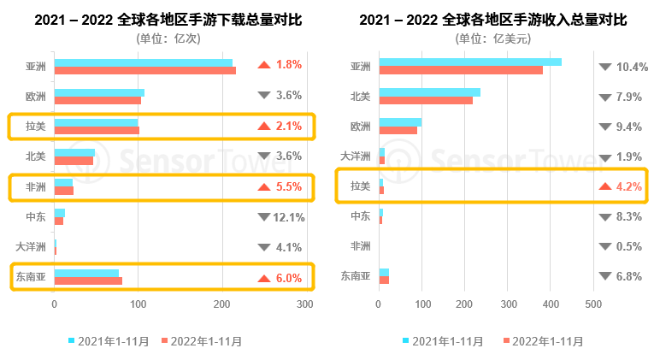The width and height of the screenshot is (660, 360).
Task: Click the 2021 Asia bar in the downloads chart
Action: (143, 62)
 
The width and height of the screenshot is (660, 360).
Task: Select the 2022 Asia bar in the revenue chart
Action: (460, 70)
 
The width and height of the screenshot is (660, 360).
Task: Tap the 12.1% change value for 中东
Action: (289, 217)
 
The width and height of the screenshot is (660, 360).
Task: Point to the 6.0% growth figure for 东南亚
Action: (289, 277)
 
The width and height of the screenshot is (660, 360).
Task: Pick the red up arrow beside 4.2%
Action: (605, 186)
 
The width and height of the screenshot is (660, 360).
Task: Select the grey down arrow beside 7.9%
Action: (605, 97)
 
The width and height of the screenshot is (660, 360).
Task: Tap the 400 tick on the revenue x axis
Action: (551, 304)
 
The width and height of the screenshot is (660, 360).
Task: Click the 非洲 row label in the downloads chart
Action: (36, 186)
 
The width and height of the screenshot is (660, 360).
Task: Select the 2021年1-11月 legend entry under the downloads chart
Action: (109, 341)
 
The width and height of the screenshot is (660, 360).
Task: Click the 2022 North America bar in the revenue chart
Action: (425, 100)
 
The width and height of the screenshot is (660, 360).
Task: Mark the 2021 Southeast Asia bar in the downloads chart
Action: (86, 273)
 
